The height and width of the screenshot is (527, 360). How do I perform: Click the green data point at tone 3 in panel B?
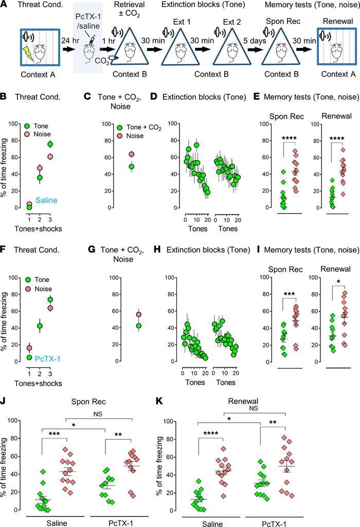50,144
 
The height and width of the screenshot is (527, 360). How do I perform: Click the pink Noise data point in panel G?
138,314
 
